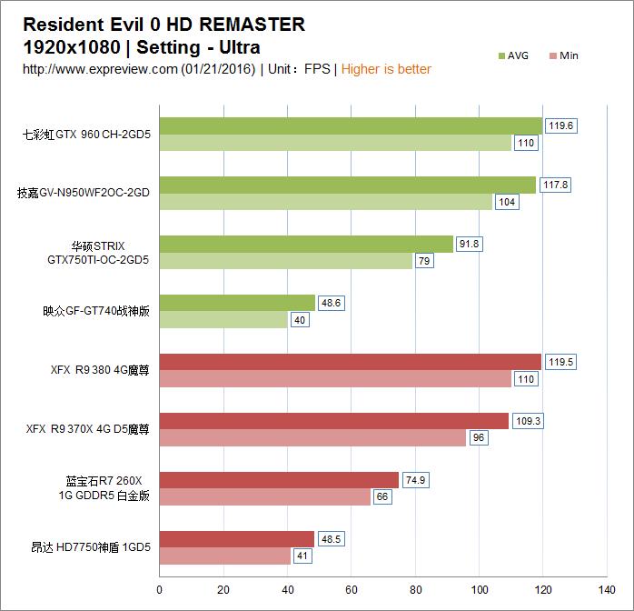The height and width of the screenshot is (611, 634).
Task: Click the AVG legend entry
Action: point(513,55)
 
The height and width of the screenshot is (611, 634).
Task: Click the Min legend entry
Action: point(564,55)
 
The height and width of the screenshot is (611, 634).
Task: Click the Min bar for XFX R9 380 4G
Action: point(335,379)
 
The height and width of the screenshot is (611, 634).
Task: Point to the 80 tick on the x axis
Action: point(415,574)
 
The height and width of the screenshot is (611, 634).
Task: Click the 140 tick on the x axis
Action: point(607,574)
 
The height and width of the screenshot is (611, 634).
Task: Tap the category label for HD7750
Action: point(90,547)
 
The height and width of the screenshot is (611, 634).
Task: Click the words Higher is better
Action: point(386,69)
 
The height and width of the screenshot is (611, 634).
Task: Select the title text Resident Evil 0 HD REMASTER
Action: point(163,25)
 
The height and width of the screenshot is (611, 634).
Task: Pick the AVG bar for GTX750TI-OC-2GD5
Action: point(306,244)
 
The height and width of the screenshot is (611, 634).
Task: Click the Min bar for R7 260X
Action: point(265,497)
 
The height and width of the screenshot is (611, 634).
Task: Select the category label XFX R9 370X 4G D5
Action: point(87,429)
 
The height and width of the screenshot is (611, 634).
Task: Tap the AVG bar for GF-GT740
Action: point(237,303)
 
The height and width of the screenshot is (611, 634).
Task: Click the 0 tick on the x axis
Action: point(160,574)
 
